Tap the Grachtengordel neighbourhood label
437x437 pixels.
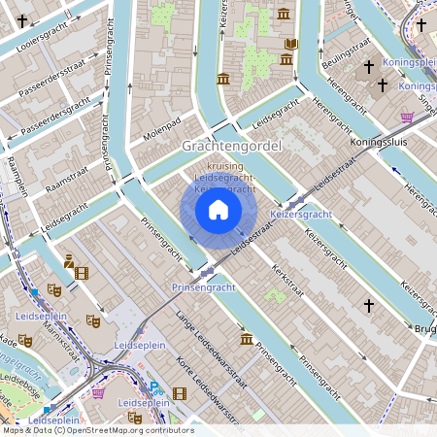[231, 146]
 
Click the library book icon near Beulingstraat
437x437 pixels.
[291, 44]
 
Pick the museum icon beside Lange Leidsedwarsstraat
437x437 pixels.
[247, 339]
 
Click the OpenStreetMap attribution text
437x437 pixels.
[97, 430]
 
